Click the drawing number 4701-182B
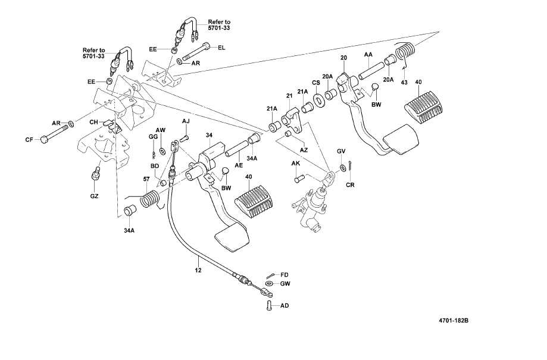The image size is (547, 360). coord(454,320)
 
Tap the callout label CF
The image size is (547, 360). coord(29,140)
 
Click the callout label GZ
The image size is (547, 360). coord(94,196)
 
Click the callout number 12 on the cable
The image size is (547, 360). coord(198,270)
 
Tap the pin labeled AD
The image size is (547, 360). coord(269,306)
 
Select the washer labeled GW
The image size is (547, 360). coord(270,284)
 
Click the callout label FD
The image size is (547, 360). coord(285,275)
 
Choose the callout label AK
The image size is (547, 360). coord(295,163)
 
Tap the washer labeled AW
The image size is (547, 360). coord(162,151)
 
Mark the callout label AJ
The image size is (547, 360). coord(186,121)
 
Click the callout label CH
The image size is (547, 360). coord(94,122)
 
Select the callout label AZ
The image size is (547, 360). coord(304,150)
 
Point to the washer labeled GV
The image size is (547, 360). coord(343,168)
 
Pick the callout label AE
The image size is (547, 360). coord(239,165)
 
